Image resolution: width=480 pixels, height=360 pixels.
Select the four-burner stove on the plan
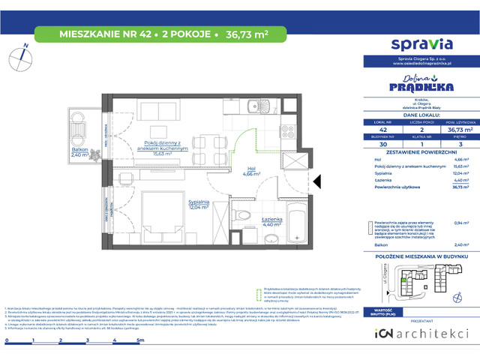[285, 135]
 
